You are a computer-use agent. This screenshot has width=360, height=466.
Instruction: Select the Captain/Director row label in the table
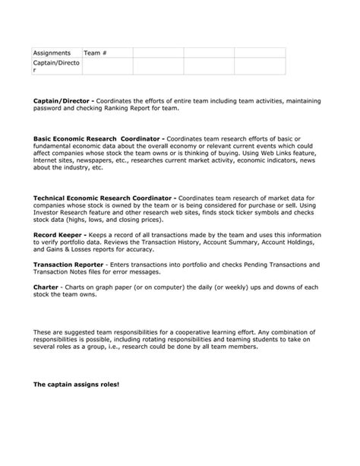[x=55, y=66]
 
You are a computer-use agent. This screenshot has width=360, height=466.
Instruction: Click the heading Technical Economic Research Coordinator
[x=104, y=198]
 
